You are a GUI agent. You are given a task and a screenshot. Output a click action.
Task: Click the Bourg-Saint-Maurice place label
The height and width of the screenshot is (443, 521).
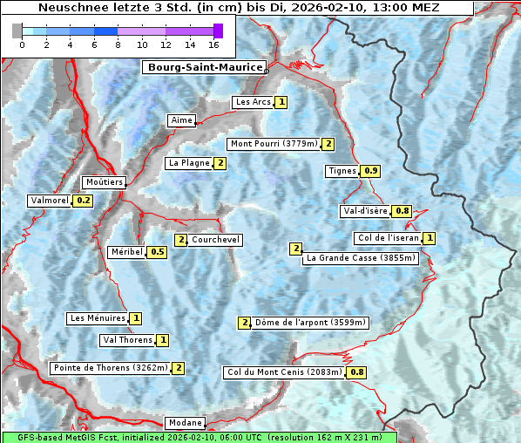pos(203,66)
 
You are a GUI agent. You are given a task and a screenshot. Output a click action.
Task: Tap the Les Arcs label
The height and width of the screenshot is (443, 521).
pos(254,102)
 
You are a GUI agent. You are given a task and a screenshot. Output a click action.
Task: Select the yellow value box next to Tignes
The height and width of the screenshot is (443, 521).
pos(370,171)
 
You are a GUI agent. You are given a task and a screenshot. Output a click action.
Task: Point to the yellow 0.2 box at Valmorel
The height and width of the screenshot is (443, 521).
pos(84,201)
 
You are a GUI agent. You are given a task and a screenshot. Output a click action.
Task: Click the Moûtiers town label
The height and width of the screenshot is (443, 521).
pos(105,182)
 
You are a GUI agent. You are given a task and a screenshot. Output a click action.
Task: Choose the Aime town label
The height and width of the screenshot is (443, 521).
pos(182,120)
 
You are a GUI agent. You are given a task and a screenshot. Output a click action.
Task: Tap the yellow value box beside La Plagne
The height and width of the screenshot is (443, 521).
pos(220,163)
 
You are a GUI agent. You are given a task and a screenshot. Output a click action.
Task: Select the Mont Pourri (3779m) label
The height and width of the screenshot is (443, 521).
pos(274,144)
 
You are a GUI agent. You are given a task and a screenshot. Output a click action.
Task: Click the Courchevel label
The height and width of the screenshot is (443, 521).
pos(215,240)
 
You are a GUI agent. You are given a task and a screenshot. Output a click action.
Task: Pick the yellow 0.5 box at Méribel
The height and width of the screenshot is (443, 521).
pos(157,252)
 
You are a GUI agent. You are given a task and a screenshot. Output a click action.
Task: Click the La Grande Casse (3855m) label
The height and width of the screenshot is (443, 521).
pos(361,258)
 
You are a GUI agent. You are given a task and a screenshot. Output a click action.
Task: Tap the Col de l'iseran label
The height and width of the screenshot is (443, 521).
pos(389,238)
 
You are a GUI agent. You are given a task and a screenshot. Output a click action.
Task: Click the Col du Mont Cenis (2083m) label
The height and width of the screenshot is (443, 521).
pos(284,372)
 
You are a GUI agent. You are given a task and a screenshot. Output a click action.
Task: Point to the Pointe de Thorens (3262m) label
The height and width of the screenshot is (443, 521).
pos(110,368)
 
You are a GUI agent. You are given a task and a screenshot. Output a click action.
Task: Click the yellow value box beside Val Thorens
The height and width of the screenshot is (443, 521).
pos(163,340)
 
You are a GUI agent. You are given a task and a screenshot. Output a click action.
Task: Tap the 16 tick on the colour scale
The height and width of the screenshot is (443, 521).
pos(213,44)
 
